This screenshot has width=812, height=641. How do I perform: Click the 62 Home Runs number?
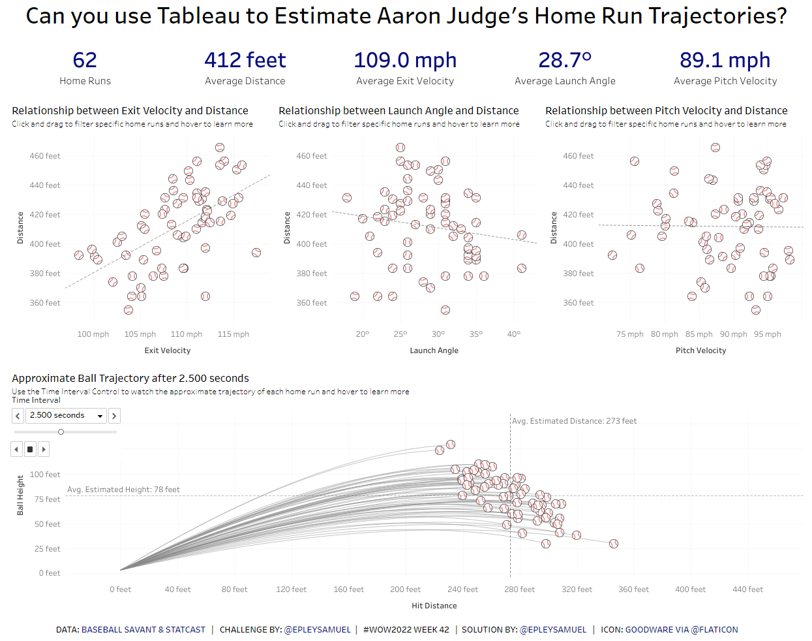click(x=85, y=60)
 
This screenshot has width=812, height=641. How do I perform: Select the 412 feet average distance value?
click(x=245, y=60)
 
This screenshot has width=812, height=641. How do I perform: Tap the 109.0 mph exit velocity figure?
click(x=405, y=60)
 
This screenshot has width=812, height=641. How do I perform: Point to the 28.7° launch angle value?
click(x=565, y=60)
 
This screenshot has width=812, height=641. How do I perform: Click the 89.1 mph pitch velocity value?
click(x=725, y=60)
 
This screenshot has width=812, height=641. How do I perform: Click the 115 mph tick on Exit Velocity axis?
click(x=233, y=334)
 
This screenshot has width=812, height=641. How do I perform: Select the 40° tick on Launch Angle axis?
click(x=514, y=334)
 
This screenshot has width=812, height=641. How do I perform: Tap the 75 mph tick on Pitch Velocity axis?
click(x=629, y=334)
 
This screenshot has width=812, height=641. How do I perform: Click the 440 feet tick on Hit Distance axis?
click(x=747, y=589)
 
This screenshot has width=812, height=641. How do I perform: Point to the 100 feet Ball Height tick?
click(x=45, y=475)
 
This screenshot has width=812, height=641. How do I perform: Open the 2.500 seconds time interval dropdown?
click(x=100, y=416)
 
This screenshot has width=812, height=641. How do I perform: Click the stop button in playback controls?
click(x=30, y=449)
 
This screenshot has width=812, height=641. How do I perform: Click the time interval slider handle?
click(x=61, y=431)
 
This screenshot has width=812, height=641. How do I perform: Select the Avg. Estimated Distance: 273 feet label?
click(x=574, y=421)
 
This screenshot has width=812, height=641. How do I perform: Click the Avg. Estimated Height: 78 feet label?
click(x=123, y=490)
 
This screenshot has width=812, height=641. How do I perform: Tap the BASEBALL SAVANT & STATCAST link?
click(x=143, y=630)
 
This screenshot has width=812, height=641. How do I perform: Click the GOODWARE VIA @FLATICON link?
click(x=682, y=630)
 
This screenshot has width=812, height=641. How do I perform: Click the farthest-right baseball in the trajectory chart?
click(x=614, y=544)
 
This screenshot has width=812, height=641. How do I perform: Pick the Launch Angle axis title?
click(x=434, y=351)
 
